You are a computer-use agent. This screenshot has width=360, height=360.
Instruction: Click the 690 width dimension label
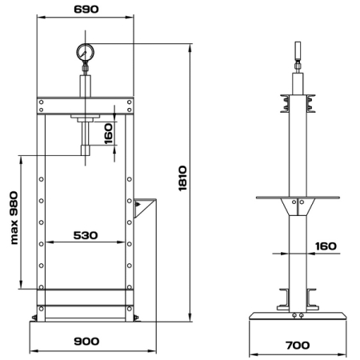pyautogui.click(x=86, y=10)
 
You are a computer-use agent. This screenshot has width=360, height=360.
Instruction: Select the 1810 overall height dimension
pyautogui.click(x=182, y=178)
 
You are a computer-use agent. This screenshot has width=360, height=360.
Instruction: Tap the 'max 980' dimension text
pyautogui.click(x=14, y=218)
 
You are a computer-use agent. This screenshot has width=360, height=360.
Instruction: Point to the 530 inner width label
pyautogui.click(x=86, y=235)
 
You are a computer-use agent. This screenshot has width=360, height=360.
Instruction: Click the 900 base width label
pyautogui.click(x=86, y=341)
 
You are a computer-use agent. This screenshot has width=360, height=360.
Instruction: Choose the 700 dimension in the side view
pyautogui.click(x=298, y=346)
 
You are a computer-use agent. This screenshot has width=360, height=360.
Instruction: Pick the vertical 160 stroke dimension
pyautogui.click(x=108, y=134)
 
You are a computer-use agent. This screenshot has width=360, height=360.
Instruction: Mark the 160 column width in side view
pyautogui.click(x=326, y=246)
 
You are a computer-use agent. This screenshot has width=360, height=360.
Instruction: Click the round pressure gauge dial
pyautogui.click(x=86, y=53)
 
